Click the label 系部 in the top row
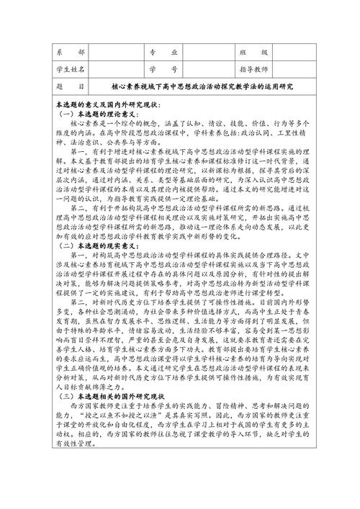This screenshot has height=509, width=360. click(71, 53)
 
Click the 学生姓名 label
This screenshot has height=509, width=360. click(71, 69)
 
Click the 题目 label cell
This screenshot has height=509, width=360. click(71, 86)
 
